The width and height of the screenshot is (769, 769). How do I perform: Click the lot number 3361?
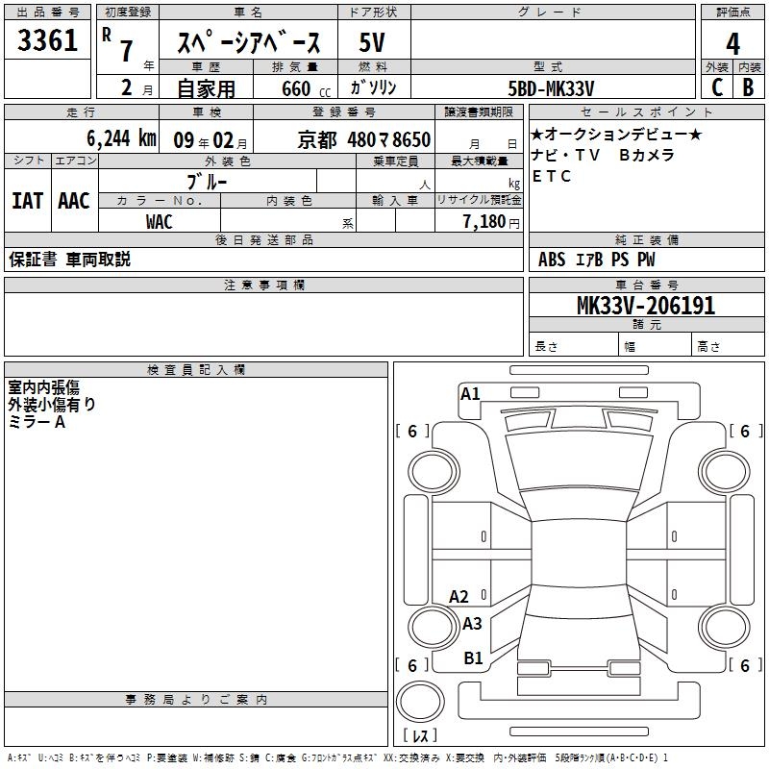[47, 39]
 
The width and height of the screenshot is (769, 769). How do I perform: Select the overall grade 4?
[732, 43]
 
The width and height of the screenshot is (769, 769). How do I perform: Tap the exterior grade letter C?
[717, 87]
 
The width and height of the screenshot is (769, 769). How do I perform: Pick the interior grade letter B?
[748, 87]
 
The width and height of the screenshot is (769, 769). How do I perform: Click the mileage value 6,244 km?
[121, 138]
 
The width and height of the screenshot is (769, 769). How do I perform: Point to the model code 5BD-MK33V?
[551, 88]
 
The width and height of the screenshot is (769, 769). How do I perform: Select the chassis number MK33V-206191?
[646, 306]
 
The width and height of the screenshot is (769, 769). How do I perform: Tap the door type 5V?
[372, 42]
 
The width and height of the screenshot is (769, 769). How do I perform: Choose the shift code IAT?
[28, 201]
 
